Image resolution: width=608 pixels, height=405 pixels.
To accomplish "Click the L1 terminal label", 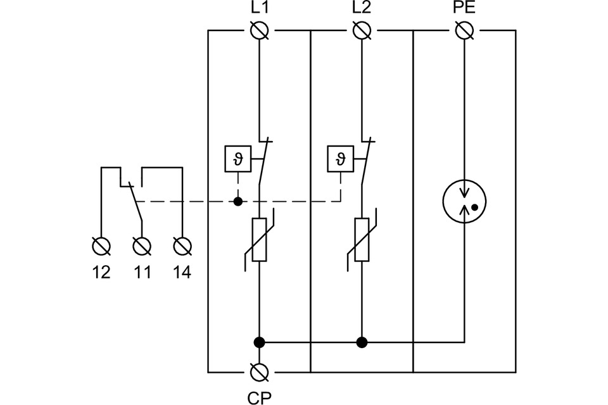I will [x=259, y=9].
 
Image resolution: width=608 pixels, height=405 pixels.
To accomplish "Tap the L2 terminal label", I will [x=362, y=9].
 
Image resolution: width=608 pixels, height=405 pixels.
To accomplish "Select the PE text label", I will [x=465, y=9].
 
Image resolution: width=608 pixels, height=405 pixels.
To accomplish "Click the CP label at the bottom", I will [x=259, y=397].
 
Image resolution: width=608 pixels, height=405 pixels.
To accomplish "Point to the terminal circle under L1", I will [x=259, y=30].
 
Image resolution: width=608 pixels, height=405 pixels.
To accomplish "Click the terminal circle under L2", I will [x=362, y=30].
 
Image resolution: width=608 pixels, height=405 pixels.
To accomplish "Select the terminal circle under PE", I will [x=465, y=30].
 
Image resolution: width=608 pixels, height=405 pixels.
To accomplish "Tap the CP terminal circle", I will [x=259, y=371].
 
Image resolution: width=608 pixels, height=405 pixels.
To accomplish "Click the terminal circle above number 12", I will [x=101, y=245].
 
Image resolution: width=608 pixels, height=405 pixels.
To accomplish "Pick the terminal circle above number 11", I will [x=142, y=245].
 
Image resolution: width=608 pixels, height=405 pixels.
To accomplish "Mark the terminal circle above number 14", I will [x=182, y=245].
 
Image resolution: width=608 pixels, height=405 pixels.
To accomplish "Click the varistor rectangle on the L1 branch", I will [x=259, y=239].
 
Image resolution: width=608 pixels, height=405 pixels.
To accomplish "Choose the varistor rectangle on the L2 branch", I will [x=362, y=239].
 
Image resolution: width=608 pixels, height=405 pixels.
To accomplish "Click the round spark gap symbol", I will [x=465, y=201].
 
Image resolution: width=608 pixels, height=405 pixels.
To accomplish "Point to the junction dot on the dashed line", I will [x=238, y=201].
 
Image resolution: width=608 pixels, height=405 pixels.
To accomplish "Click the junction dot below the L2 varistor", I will [x=362, y=342].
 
